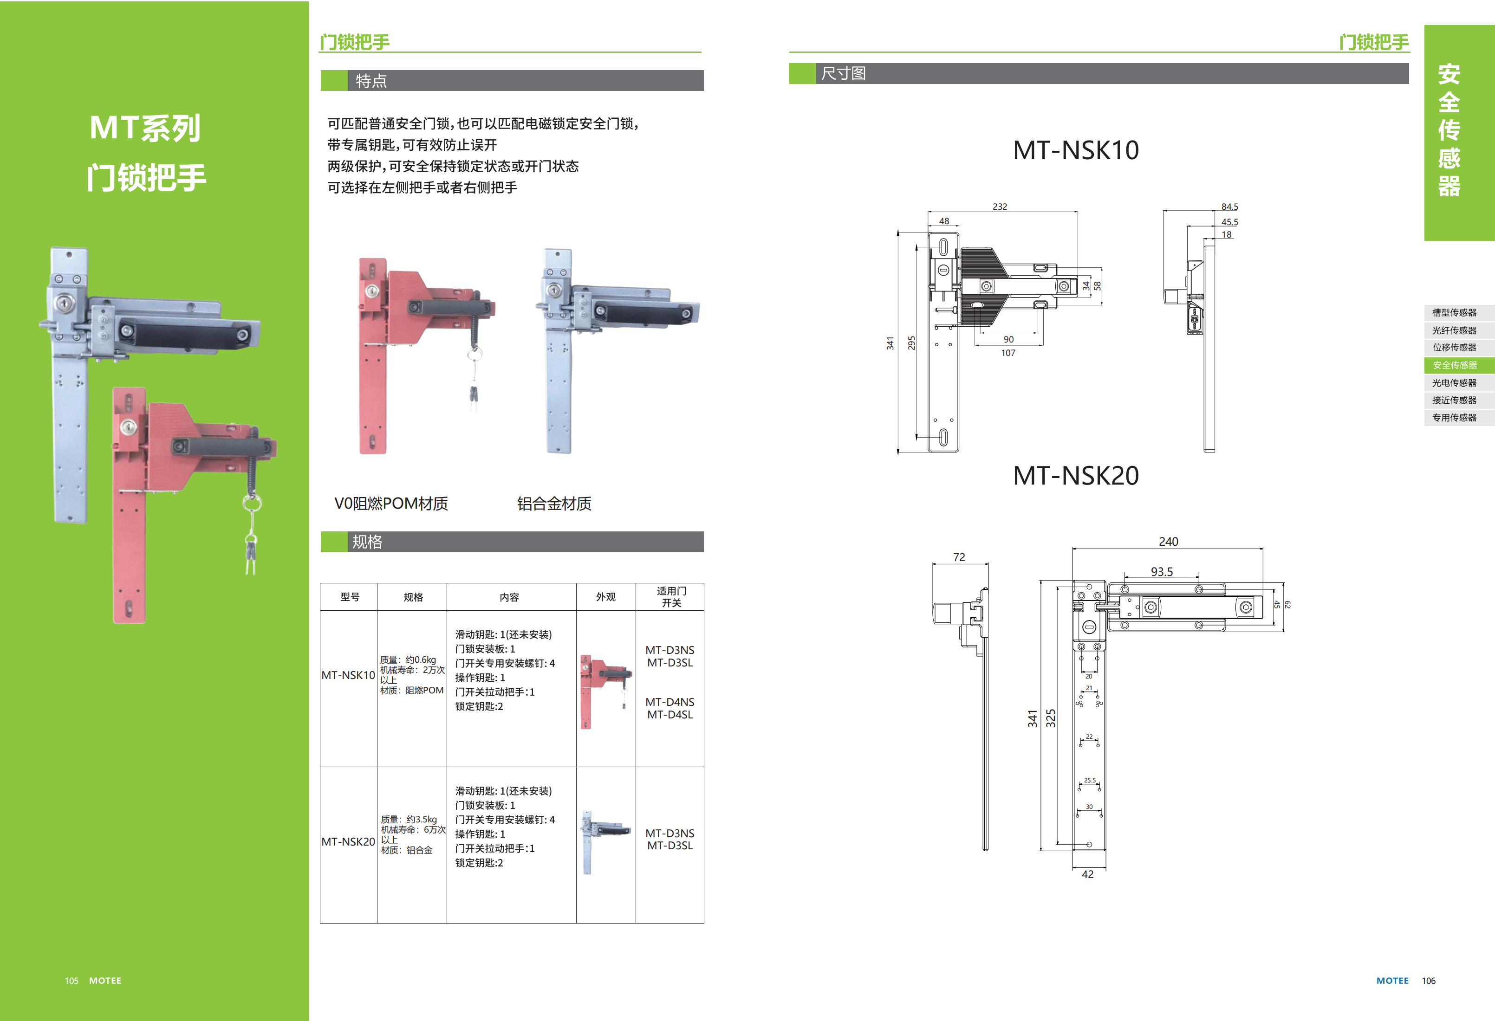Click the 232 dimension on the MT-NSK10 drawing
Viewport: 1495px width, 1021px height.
(1000, 207)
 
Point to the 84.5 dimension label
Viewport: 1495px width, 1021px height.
(1229, 207)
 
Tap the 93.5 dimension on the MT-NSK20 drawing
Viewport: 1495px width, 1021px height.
(1162, 572)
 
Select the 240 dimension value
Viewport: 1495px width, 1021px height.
(1168, 541)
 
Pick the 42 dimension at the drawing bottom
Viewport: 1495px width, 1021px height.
(1087, 874)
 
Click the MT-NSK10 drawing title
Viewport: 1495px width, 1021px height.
(1076, 150)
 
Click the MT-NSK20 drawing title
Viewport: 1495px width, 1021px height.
(1076, 476)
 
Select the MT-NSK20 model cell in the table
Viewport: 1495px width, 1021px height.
(348, 841)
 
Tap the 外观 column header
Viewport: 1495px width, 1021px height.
(605, 597)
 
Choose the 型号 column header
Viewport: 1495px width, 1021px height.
(350, 597)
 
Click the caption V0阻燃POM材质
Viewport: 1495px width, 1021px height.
(391, 504)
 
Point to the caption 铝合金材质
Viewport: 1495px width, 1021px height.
(554, 504)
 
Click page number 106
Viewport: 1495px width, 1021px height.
(1428, 981)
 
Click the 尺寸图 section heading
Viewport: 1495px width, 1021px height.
(843, 73)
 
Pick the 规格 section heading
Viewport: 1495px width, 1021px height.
(367, 542)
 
